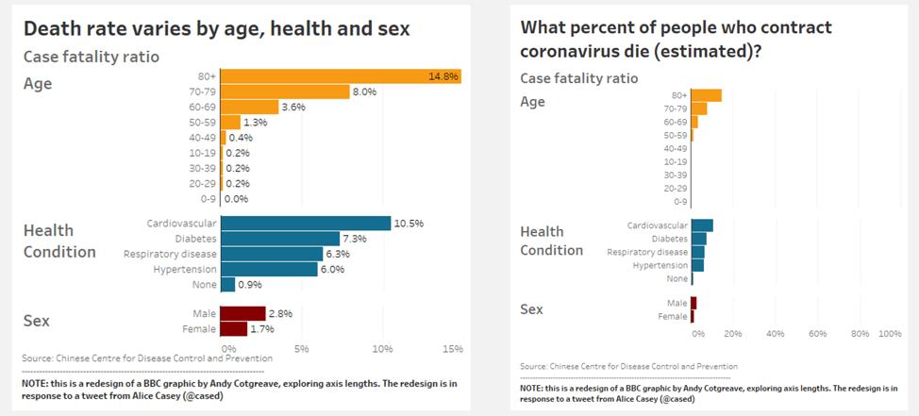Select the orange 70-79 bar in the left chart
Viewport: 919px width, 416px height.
coord(282,92)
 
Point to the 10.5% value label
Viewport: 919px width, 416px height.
coord(409,224)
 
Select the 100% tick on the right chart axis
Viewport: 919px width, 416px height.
coord(889,334)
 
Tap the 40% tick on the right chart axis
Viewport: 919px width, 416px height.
coord(776,334)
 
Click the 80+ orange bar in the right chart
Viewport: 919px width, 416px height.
coord(706,95)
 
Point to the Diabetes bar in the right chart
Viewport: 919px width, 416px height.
coord(698,239)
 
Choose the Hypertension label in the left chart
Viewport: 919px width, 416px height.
coord(185,269)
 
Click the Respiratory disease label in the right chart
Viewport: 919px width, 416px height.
coord(647,252)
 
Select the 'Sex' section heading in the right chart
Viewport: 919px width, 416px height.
coord(532,308)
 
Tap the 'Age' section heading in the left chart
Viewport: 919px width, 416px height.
coord(38,84)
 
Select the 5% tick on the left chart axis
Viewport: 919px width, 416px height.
coord(301,349)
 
